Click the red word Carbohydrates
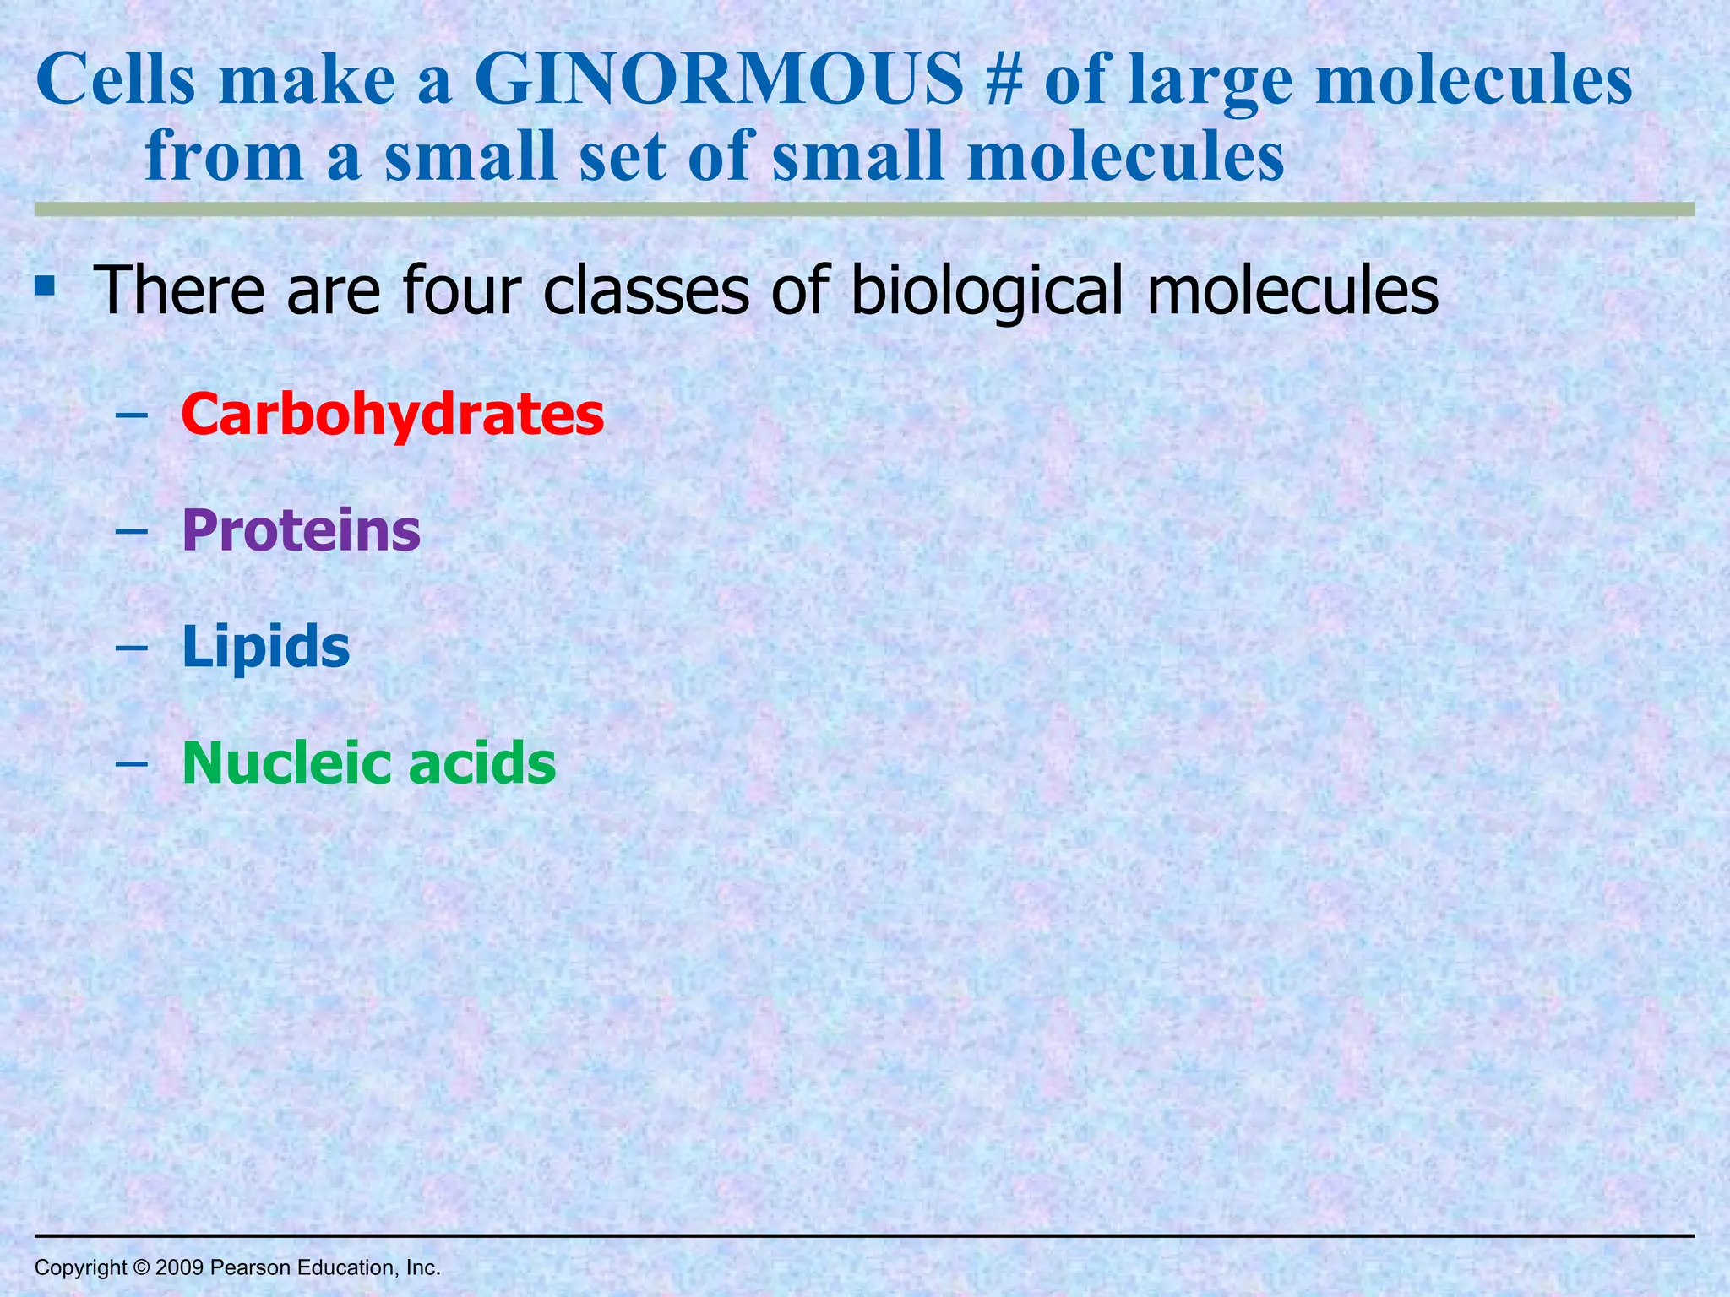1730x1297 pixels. click(x=393, y=415)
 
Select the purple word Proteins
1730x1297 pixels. click(x=301, y=531)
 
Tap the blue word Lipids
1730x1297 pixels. click(x=265, y=648)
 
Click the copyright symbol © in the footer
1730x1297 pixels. click(x=140, y=1267)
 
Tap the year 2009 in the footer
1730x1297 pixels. click(x=179, y=1267)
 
